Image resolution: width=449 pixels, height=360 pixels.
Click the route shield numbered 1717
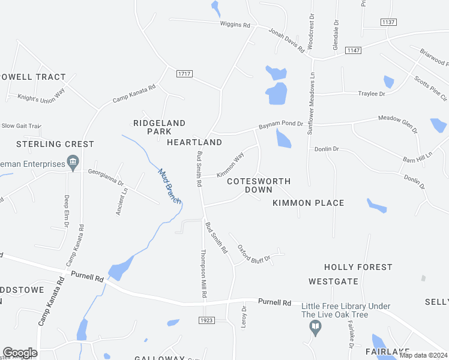(x=185, y=74)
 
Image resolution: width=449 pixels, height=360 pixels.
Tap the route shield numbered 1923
(x=206, y=320)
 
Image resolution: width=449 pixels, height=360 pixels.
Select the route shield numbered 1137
(x=388, y=22)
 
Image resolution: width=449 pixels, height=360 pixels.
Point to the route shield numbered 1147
(x=353, y=50)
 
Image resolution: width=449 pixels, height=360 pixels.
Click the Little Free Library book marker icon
(x=315, y=328)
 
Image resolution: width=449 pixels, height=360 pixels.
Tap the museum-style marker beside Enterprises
(x=73, y=161)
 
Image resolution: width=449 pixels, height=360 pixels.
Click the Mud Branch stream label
(x=169, y=186)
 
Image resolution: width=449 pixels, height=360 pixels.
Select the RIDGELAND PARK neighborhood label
(x=160, y=127)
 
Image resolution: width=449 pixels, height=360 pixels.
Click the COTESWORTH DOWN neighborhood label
(x=259, y=185)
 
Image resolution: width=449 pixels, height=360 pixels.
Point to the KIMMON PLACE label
(x=309, y=203)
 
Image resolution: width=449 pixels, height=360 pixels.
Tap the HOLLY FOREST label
(x=358, y=267)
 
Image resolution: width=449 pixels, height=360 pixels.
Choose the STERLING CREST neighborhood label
(x=55, y=144)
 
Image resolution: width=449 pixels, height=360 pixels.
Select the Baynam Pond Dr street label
(x=281, y=126)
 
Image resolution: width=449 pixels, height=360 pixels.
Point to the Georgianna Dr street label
(x=106, y=178)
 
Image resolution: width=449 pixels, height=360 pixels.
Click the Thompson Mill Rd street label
(x=203, y=274)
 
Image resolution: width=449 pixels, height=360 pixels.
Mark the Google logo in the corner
(x=20, y=353)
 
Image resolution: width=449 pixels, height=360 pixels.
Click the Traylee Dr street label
(x=372, y=94)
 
